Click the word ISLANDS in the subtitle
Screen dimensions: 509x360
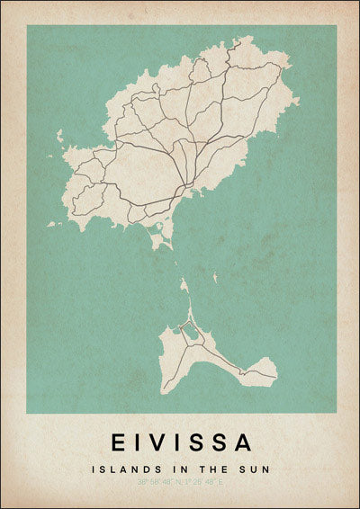(x=118, y=469)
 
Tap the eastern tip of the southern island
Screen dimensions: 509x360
(x=275, y=370)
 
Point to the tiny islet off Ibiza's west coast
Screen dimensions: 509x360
(x=60, y=136)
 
